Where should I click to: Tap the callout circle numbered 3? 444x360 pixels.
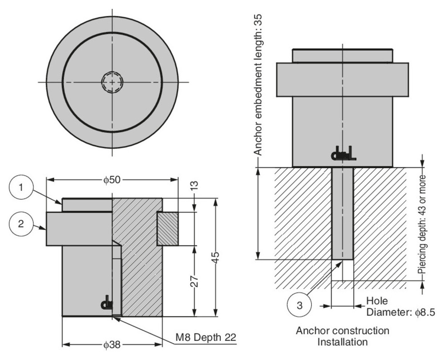301,306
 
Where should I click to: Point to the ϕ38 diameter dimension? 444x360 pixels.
112,344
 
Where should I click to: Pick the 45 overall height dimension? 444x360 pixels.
215,258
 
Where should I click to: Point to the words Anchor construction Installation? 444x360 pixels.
342,336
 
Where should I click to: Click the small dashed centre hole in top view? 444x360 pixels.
112,82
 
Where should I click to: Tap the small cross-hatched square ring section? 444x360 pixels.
167,229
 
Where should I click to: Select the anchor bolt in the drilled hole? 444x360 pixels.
342,213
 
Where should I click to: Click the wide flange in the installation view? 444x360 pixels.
342,79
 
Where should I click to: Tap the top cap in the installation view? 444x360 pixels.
342,55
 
